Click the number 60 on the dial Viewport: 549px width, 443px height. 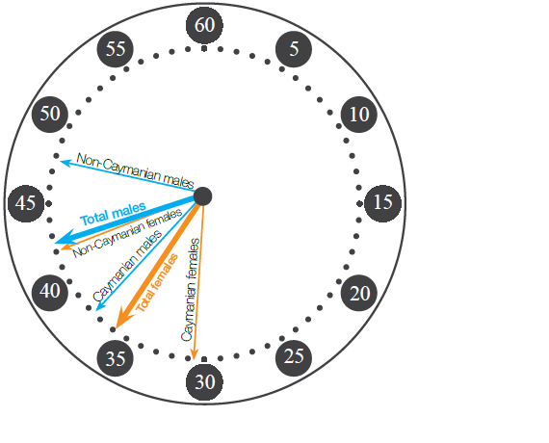coord(204,25)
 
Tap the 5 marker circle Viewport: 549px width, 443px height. coord(294,49)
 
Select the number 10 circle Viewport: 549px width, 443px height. coord(359,115)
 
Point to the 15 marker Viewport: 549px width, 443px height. coord(382,203)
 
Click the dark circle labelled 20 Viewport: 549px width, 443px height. coord(359,293)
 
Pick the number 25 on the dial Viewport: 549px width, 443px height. coord(294,358)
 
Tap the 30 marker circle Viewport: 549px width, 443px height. coord(204,381)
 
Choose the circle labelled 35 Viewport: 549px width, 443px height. coord(116,358)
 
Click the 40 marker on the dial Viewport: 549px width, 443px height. coord(50,293)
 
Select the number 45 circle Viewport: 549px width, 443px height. coord(26,203)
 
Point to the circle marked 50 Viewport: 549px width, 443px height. coord(50,115)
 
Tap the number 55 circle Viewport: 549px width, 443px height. coord(116,49)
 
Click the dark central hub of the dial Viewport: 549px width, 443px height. coord(202,196)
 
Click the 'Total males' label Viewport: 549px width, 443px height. coord(113,214)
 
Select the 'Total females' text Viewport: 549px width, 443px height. coord(156,283)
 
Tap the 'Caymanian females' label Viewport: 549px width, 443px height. coord(191,290)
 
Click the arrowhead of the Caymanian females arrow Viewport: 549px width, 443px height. coord(195,354)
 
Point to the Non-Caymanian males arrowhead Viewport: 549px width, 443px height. coord(65,163)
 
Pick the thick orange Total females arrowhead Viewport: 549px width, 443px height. coord(123,318)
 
